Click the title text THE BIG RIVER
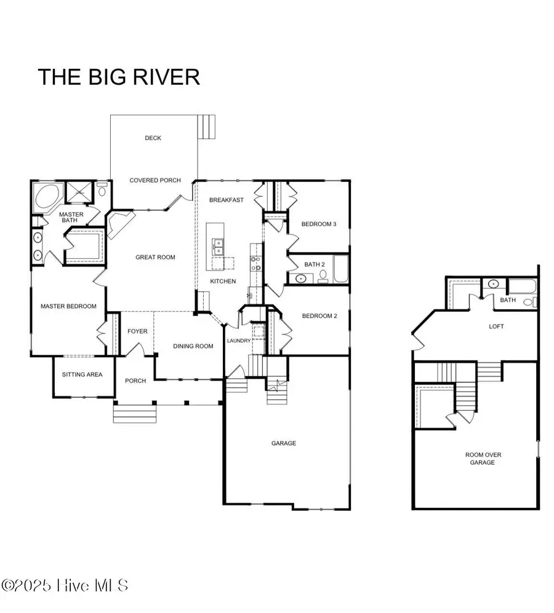click(119, 77)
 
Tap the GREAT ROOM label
click(155, 257)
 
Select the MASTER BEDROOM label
click(68, 306)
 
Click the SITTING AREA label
click(82, 374)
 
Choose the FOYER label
click(137, 331)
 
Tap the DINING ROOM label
click(193, 346)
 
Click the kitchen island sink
click(217, 247)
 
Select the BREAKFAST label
click(226, 200)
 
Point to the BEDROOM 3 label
click(318, 224)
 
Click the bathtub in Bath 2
click(340, 269)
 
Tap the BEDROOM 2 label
click(318, 316)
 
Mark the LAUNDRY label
click(238, 341)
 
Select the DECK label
click(153, 138)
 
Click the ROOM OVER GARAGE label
click(483, 458)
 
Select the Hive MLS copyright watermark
click(65, 585)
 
